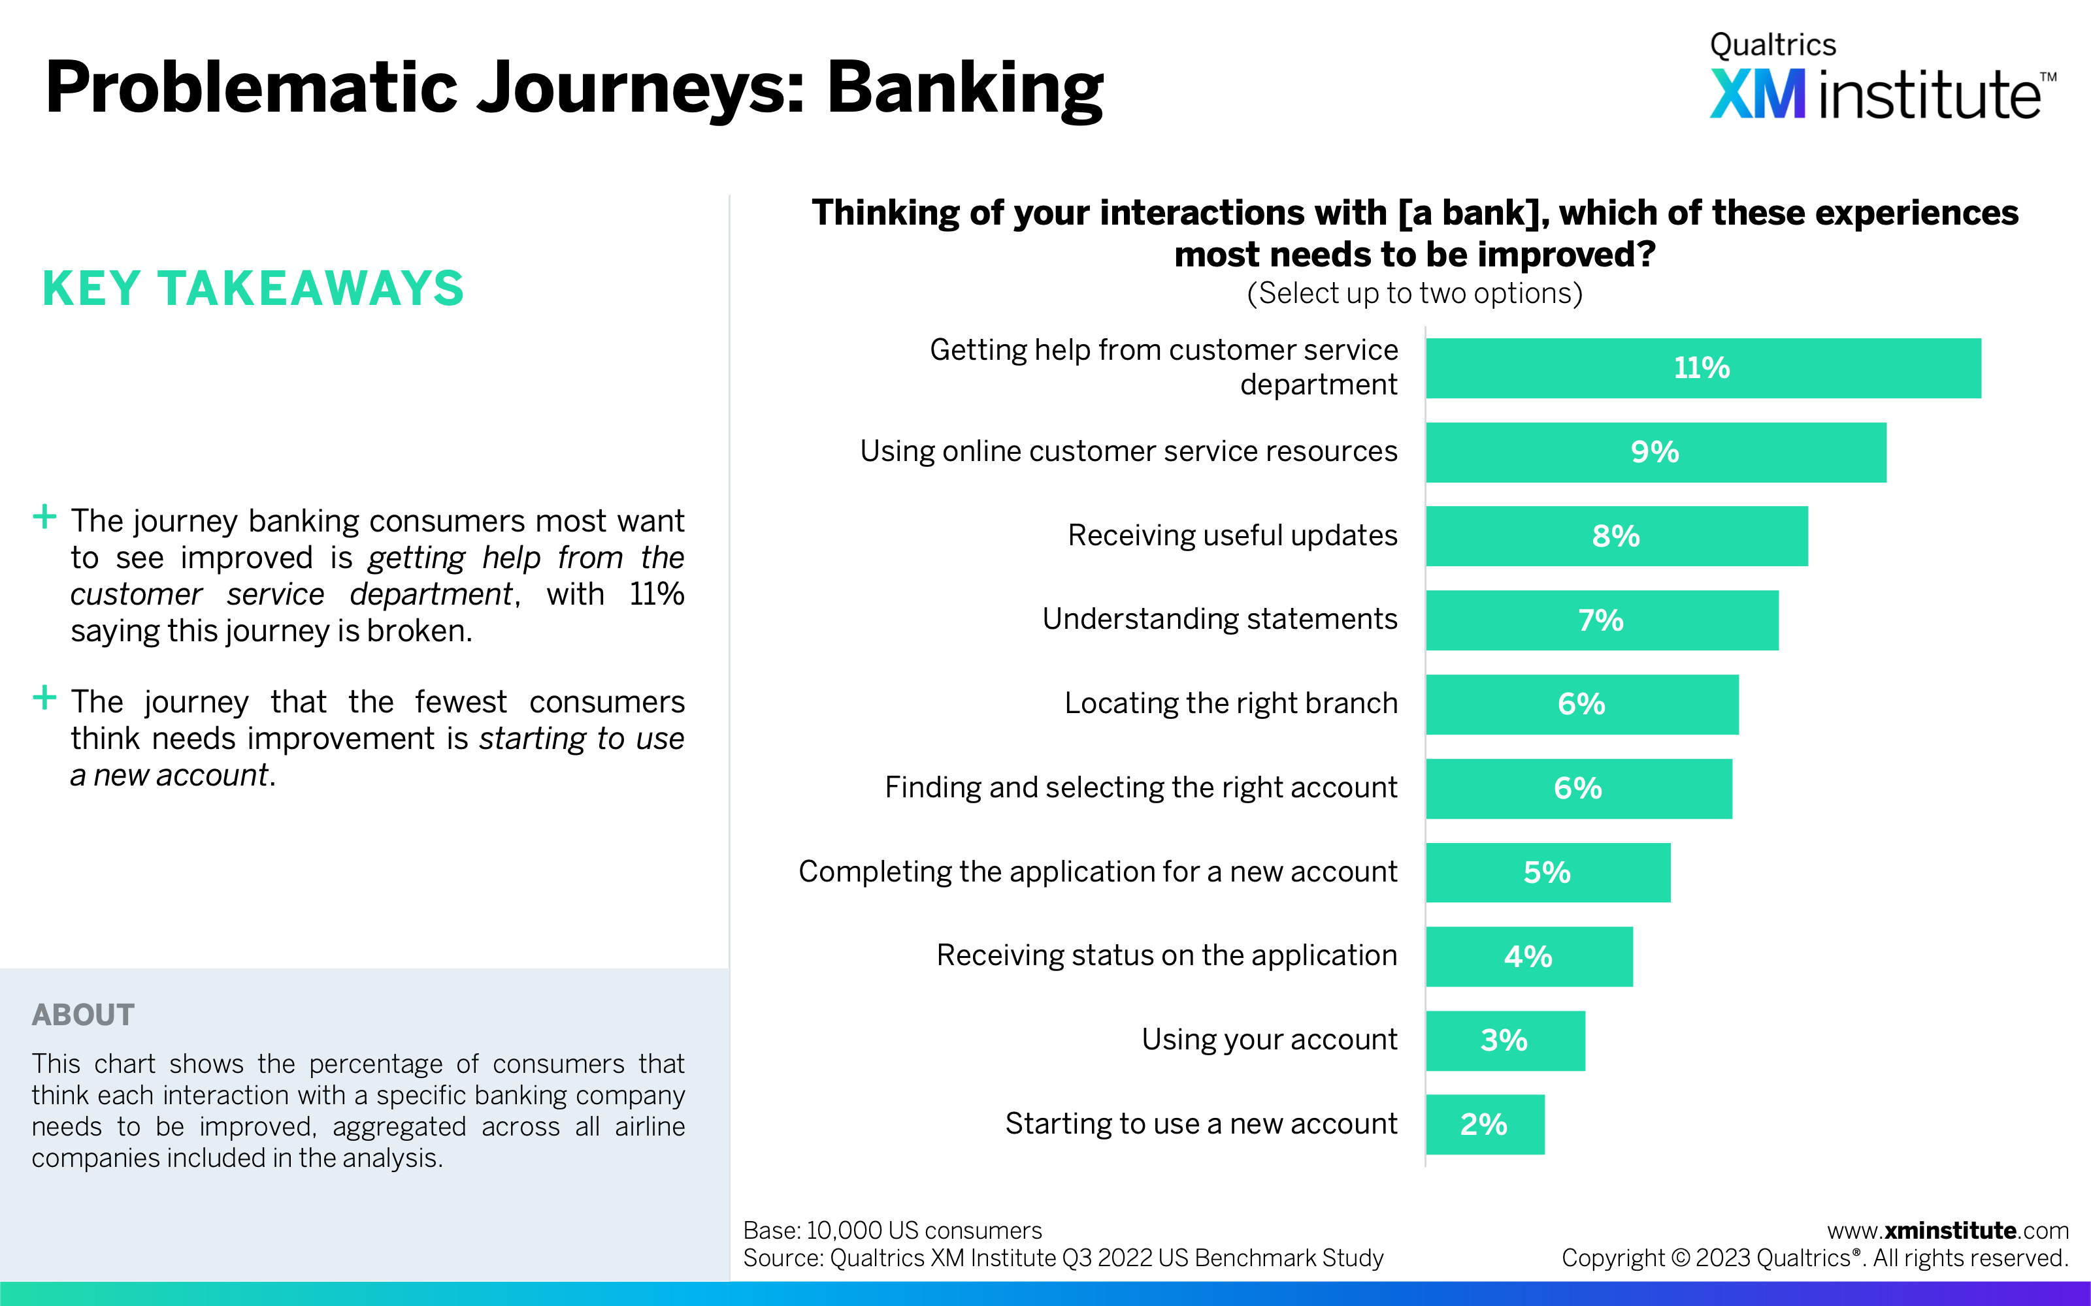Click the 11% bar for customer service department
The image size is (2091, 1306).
coord(1703,368)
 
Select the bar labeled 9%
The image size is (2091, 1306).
coord(1656,453)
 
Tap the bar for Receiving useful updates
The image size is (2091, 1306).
coord(1617,536)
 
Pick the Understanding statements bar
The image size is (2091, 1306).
coord(1602,620)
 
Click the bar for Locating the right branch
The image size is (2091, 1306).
coord(1582,704)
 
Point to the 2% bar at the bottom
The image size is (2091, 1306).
coord(1485,1124)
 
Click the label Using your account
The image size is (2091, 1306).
coord(1269,1039)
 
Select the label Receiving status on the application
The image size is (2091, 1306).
coord(1166,955)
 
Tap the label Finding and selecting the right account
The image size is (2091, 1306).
coord(1140,788)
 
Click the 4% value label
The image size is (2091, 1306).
coord(1528,956)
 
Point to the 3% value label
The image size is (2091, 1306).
coord(1504,1040)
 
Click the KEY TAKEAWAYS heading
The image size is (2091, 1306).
coord(253,289)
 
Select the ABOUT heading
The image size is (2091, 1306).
coord(83,1015)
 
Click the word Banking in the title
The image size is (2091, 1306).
coord(965,88)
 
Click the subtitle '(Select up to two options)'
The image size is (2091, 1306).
coord(1415,294)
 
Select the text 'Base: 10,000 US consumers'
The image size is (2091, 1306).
coord(893,1230)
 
